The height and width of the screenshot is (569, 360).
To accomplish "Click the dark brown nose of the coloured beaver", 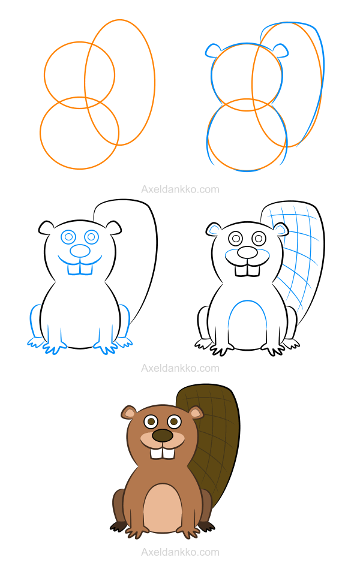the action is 163,435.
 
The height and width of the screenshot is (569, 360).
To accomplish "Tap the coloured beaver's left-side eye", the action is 151,422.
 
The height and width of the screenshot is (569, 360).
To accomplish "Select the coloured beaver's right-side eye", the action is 175,422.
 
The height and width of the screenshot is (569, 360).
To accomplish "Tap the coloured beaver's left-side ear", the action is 128,413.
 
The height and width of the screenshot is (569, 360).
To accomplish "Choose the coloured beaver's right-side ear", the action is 196,413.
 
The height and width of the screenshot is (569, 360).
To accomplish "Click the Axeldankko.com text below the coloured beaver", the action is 180,552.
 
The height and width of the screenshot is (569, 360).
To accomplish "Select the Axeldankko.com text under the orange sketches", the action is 180,189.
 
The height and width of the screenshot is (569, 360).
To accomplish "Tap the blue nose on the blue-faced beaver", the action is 80,251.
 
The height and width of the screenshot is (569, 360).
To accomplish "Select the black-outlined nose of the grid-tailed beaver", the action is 247,252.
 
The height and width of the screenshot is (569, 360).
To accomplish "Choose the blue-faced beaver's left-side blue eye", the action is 68,237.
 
